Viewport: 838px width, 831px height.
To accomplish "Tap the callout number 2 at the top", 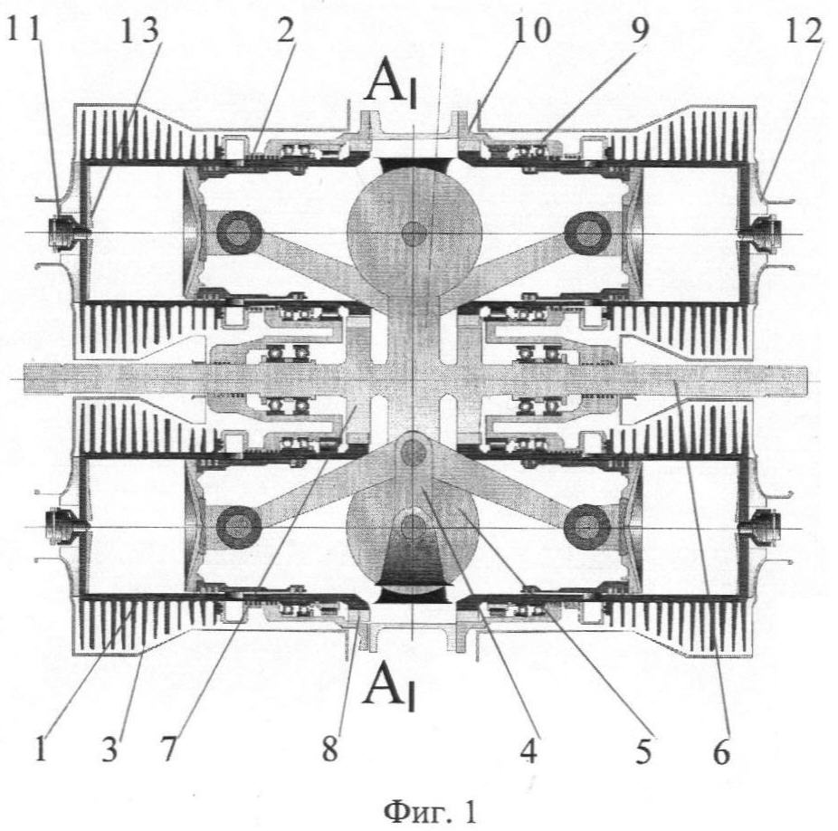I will [x=285, y=33].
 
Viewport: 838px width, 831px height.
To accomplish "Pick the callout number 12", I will [x=805, y=33].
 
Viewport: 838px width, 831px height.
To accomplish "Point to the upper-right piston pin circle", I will [x=584, y=234].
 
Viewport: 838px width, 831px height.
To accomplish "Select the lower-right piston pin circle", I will [x=584, y=523].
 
